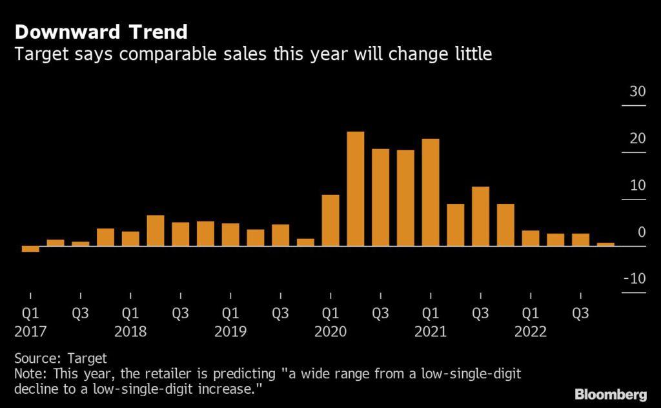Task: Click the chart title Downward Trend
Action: pyautogui.click(x=101, y=32)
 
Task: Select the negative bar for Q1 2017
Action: pyautogui.click(x=30, y=249)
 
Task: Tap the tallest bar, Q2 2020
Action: pyautogui.click(x=356, y=189)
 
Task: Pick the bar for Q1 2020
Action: pyautogui.click(x=330, y=220)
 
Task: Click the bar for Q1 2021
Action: pyautogui.click(x=431, y=192)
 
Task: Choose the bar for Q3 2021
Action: pyautogui.click(x=480, y=216)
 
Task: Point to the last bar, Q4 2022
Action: pyautogui.click(x=605, y=245)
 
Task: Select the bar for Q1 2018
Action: pyautogui.click(x=130, y=239)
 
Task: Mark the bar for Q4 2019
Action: pyautogui.click(x=305, y=243)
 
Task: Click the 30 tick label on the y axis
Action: pyautogui.click(x=637, y=92)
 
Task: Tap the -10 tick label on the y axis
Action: pyautogui.click(x=635, y=279)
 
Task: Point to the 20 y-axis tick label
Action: pyautogui.click(x=637, y=139)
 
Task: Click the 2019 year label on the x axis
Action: pyautogui.click(x=230, y=332)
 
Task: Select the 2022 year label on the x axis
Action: pyautogui.click(x=530, y=332)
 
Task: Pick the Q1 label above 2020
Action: pyautogui.click(x=330, y=314)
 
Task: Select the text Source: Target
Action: pyautogui.click(x=60, y=358)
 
